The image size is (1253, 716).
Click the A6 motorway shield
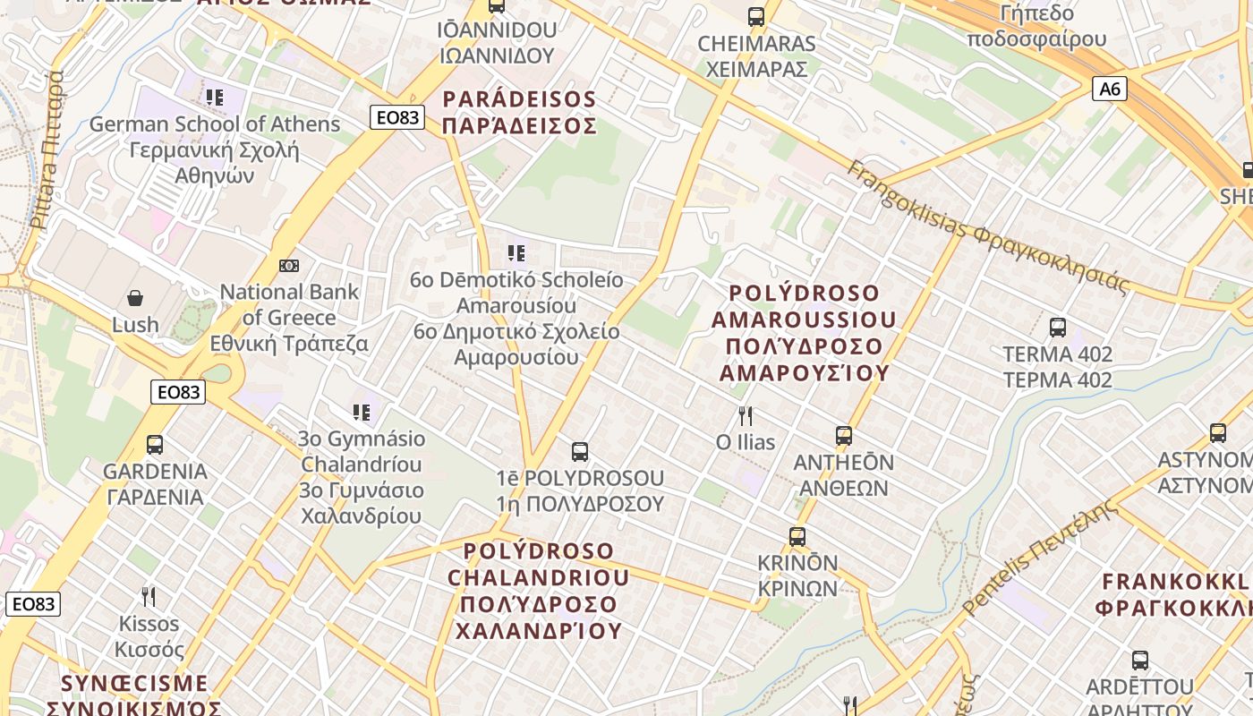[1109, 89]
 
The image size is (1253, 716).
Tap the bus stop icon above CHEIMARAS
[756, 16]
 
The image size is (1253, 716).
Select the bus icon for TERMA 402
[1058, 328]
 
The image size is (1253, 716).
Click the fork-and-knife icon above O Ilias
[745, 415]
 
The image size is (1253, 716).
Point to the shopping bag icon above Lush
[135, 297]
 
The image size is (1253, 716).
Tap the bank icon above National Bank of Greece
[289, 266]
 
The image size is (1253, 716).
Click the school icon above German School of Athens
[214, 97]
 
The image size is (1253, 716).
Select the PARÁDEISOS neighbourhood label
[519, 112]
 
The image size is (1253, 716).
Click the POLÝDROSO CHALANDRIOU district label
[538, 591]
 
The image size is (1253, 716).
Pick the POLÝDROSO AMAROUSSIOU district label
[804, 333]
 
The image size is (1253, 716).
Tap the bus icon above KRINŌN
[797, 537]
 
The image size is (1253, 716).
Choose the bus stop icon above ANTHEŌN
[844, 436]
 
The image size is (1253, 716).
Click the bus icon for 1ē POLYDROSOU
[580, 452]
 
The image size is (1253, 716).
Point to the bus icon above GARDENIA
[155, 445]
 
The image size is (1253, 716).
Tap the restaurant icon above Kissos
[149, 596]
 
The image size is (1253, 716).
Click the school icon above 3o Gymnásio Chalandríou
[362, 413]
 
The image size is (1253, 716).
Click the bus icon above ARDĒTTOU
[1140, 661]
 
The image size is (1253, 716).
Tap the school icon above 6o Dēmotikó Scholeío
[516, 253]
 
